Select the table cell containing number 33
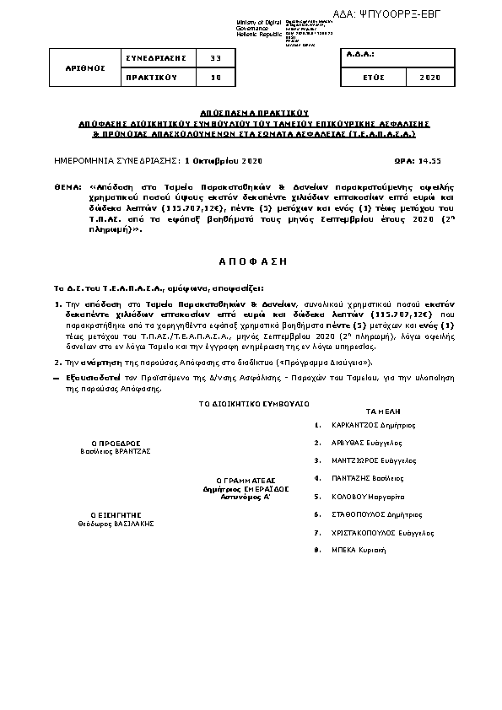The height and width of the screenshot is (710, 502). tap(215, 57)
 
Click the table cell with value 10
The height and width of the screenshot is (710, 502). tap(215, 77)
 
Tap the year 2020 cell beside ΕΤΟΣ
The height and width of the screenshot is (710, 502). tap(429, 77)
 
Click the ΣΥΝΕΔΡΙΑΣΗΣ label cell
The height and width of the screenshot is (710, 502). tap(155, 57)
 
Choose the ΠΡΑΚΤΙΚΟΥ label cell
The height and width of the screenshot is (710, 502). tap(155, 77)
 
